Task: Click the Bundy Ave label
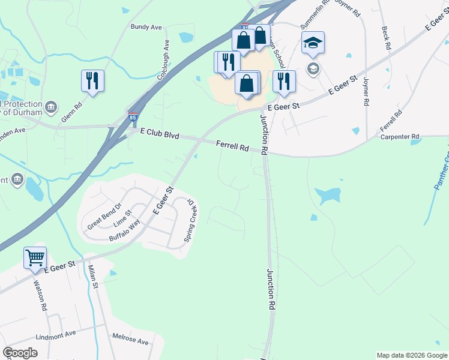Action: (146, 27)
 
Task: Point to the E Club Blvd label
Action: (160, 136)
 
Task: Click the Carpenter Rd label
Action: (400, 137)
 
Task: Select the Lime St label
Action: (122, 223)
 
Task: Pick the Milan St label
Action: (92, 277)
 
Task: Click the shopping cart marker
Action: (35, 257)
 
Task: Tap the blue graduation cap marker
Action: (313, 43)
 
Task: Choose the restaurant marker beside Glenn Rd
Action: (92, 81)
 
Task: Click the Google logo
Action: (20, 353)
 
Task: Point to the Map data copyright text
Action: (411, 355)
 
